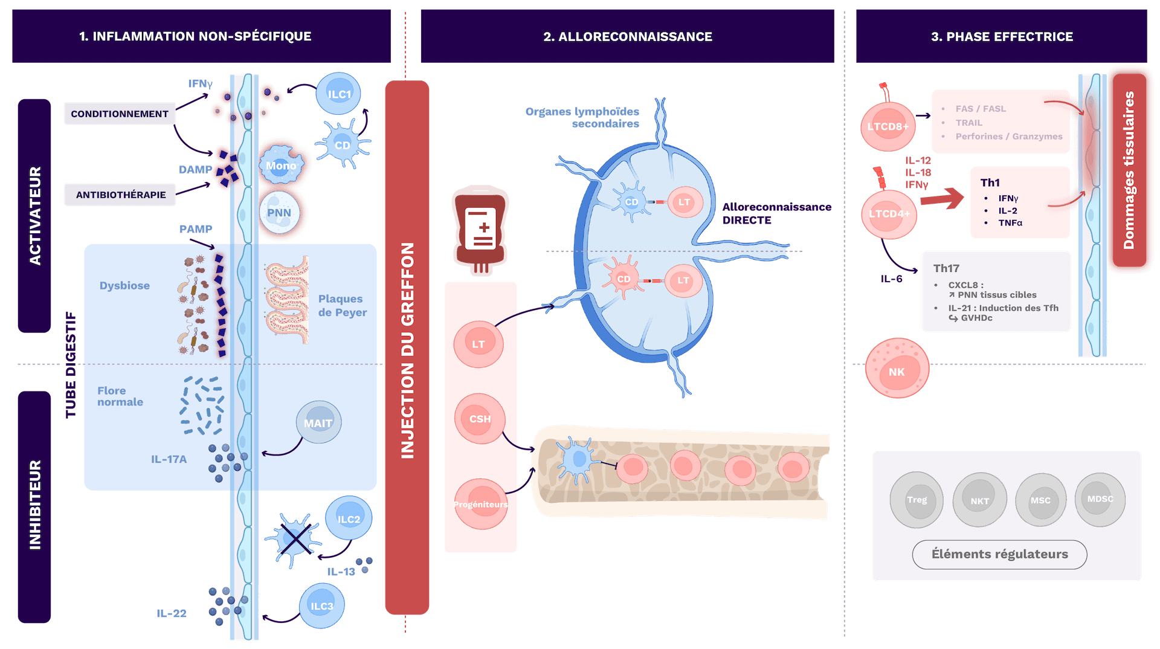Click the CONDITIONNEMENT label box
pyautogui.click(x=120, y=114)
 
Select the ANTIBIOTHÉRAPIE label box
pyautogui.click(x=120, y=195)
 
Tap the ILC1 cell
pyautogui.click(x=339, y=94)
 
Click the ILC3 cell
pyautogui.click(x=321, y=605)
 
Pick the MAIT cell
pyautogui.click(x=318, y=422)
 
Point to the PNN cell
pyautogui.click(x=280, y=212)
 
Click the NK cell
pyautogui.click(x=897, y=369)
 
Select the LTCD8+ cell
pyautogui.click(x=888, y=126)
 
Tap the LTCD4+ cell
pyautogui.click(x=889, y=214)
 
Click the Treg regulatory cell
pyautogui.click(x=917, y=500)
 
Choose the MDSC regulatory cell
pyautogui.click(x=1100, y=499)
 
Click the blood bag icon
pyautogui.click(x=481, y=230)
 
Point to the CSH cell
pyautogui.click(x=480, y=419)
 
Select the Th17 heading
pyautogui.click(x=946, y=268)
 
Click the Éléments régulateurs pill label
pyautogui.click(x=999, y=554)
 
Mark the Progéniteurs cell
pyautogui.click(x=481, y=504)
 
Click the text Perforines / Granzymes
pyautogui.click(x=1008, y=137)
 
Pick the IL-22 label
pyautogui.click(x=172, y=613)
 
